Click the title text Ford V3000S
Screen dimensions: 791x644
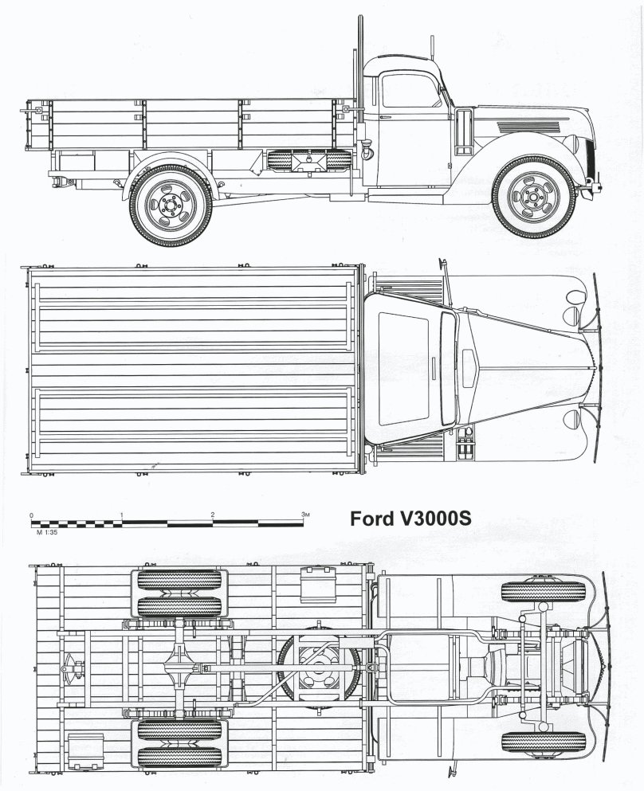[x=411, y=519]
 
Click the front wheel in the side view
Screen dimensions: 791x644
[x=533, y=198]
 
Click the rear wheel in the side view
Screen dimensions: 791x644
[x=171, y=205]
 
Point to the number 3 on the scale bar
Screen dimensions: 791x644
[x=304, y=515]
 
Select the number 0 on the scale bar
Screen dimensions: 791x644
[x=31, y=515]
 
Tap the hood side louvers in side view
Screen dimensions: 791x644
[x=531, y=126]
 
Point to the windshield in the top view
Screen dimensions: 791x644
[x=448, y=367]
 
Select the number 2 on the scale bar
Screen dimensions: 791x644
[x=213, y=515]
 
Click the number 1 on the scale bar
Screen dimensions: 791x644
[x=122, y=515]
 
